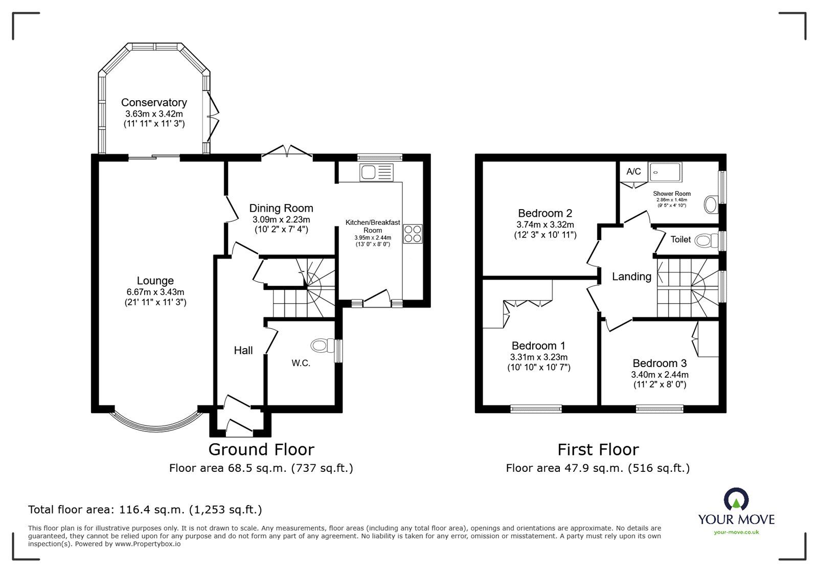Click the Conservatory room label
pos(154,103)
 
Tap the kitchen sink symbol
pos(376,172)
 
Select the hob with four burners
pos(413,234)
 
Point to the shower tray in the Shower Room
pos(666,172)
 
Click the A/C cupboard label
pos(633,171)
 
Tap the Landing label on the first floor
pos(631,277)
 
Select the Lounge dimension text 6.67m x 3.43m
pos(155,292)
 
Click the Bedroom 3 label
pos(660,363)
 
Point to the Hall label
pos(243,351)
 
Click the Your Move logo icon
pos(737,499)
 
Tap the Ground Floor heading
pos(261,449)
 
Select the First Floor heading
pos(598,449)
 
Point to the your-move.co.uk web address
pos(736,532)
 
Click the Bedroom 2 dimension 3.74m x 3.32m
pos(545,225)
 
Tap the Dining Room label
pos(281,209)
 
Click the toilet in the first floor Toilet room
pos(706,241)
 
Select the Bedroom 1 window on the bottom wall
pos(536,409)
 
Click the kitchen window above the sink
pos(380,157)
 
